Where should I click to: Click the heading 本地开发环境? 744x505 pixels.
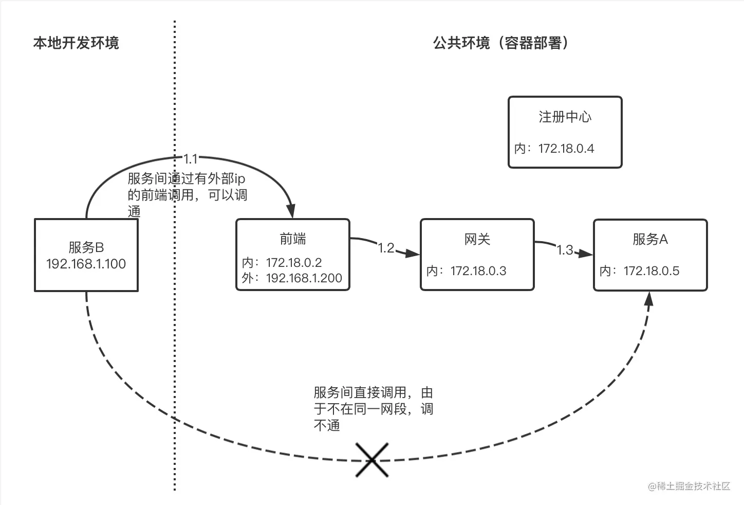[76, 43]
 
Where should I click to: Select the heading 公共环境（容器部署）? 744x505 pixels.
[501, 43]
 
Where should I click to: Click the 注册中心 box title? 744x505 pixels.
[565, 117]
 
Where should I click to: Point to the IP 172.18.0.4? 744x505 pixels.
[566, 149]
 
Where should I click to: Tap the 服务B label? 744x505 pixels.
[86, 247]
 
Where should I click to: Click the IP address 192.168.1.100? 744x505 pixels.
[86, 264]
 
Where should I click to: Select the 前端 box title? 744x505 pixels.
[293, 239]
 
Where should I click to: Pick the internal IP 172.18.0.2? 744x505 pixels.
[294, 262]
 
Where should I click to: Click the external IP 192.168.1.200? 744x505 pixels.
[304, 278]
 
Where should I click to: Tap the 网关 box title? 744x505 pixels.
[477, 239]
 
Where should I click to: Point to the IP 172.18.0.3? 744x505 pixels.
[478, 271]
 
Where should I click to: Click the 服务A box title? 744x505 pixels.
[650, 239]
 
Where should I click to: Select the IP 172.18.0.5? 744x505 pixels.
[652, 271]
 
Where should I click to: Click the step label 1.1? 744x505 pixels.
[191, 159]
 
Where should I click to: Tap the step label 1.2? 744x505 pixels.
[386, 248]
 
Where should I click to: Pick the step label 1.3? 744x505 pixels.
[565, 250]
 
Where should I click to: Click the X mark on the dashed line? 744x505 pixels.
[372, 459]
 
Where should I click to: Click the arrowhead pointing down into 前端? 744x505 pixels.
[291, 211]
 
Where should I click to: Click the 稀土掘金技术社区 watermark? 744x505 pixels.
[689, 486]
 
